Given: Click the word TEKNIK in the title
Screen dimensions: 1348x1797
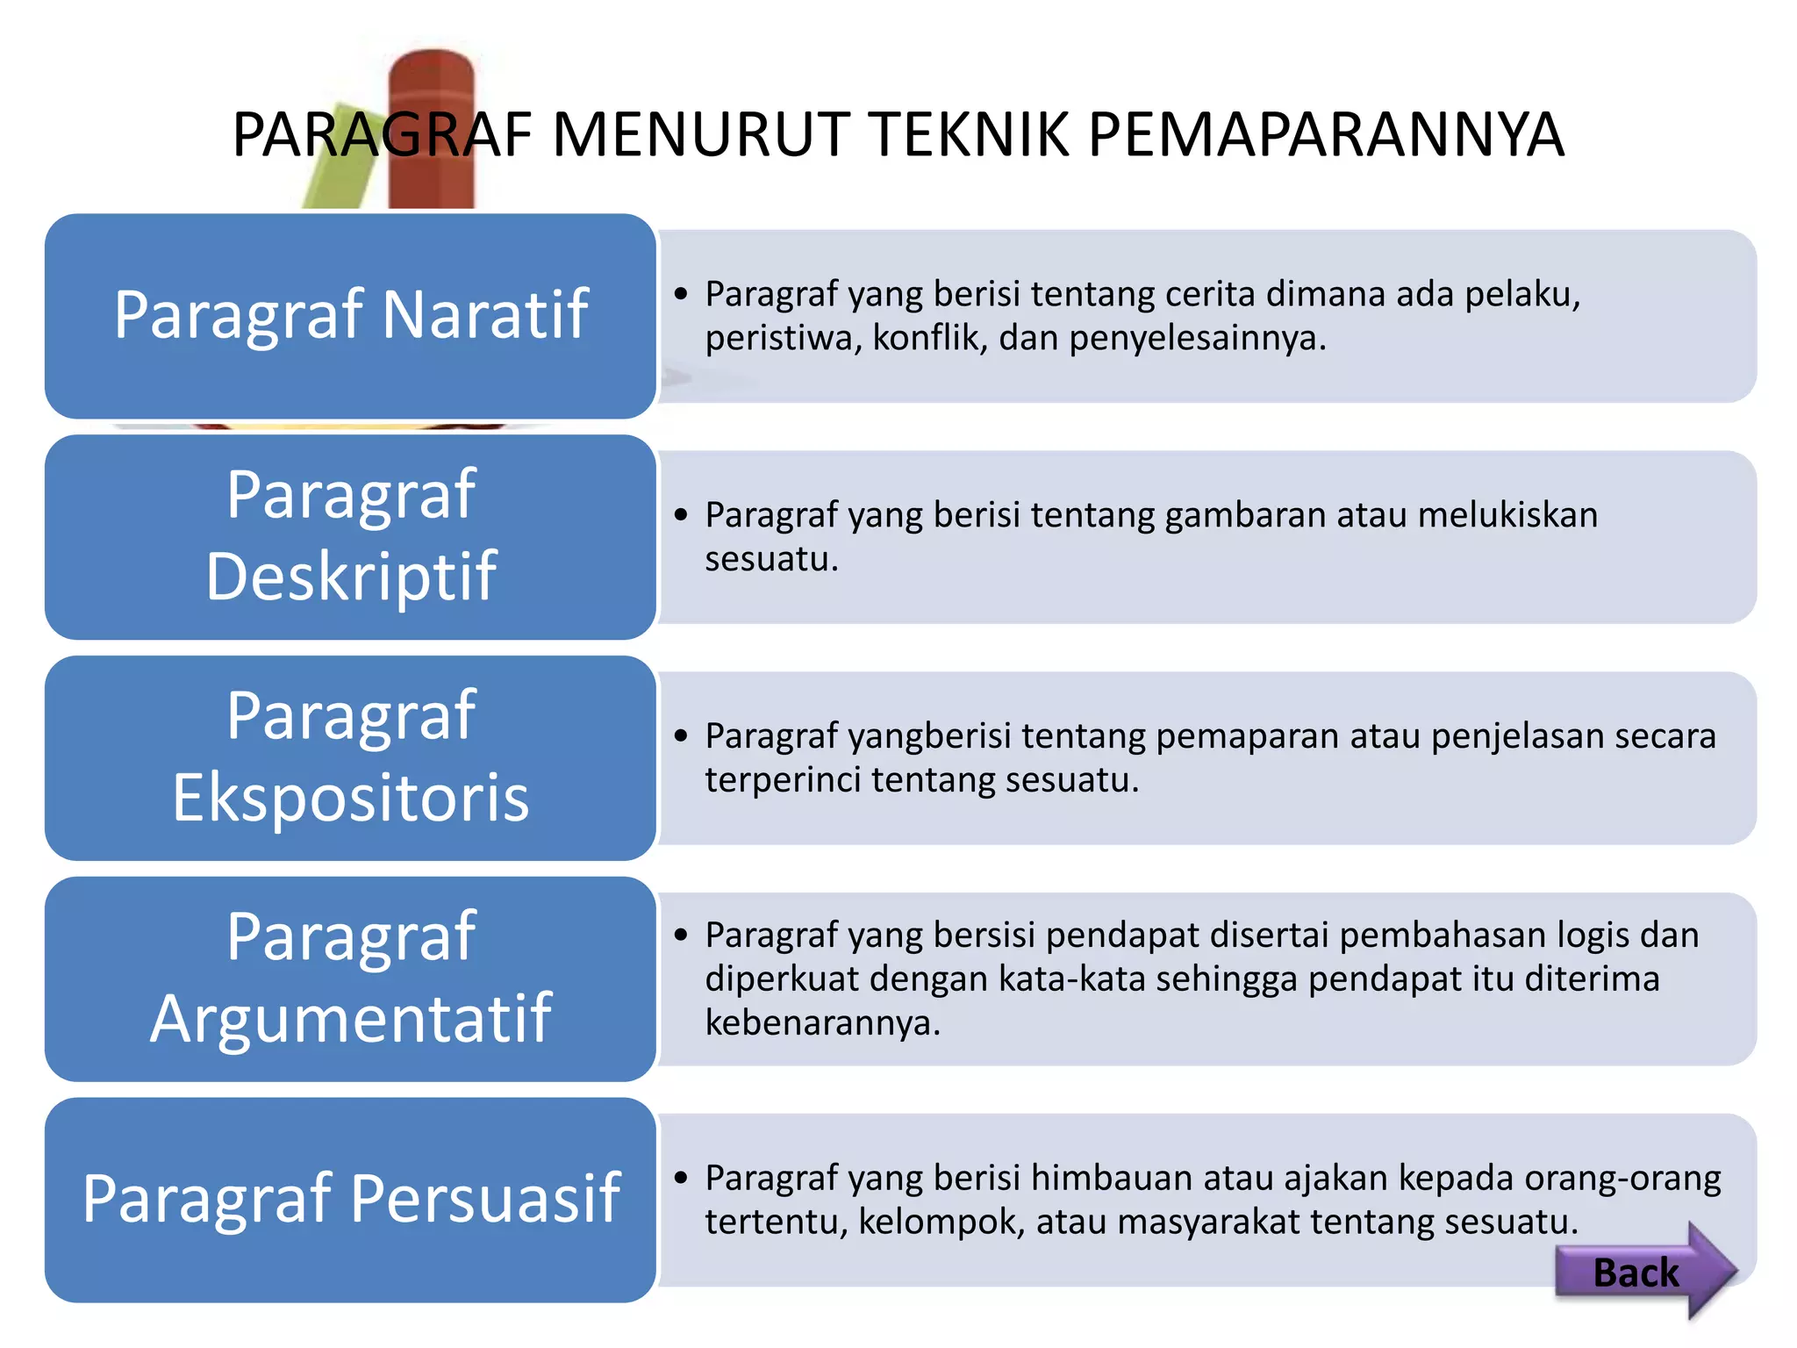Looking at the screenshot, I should [975, 135].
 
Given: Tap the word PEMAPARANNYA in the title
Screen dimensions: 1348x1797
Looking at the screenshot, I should [1326, 135].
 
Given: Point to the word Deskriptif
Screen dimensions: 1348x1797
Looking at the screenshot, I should [351, 577].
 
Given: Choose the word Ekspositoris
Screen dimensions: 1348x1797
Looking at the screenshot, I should [351, 798].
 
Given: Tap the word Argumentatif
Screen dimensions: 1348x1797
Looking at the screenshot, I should [351, 1019].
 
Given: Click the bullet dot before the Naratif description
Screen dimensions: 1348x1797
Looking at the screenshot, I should [682, 294].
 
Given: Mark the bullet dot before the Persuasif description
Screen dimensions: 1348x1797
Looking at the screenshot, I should [682, 1178].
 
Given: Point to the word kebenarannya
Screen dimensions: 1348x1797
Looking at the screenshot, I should [822, 1023].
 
